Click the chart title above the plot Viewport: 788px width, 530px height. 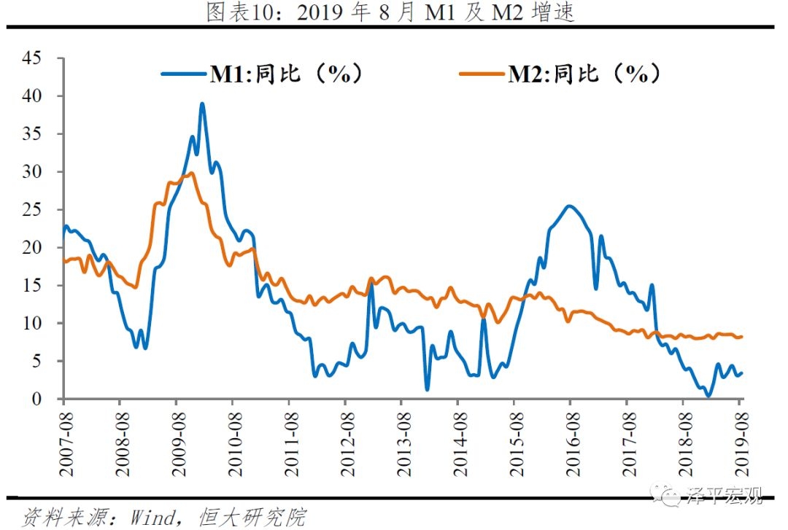coord(390,12)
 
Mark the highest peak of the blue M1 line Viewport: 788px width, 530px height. coord(202,104)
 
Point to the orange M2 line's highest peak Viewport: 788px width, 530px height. coord(190,173)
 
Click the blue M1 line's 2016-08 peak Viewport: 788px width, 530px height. coord(569,206)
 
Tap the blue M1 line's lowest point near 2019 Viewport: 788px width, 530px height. coord(708,396)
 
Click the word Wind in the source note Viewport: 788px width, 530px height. coord(152,518)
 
